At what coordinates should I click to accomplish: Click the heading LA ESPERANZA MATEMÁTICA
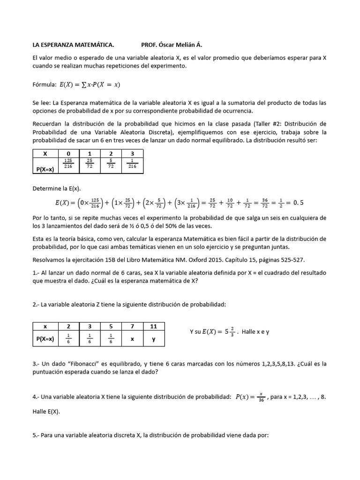(73, 45)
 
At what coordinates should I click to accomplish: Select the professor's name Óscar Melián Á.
(183, 45)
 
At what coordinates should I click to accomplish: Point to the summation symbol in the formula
(84, 85)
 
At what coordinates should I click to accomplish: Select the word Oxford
(197, 259)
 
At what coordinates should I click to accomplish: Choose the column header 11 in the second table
(153, 326)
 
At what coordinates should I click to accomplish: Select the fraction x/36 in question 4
(262, 397)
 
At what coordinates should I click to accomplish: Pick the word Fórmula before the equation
(44, 85)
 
